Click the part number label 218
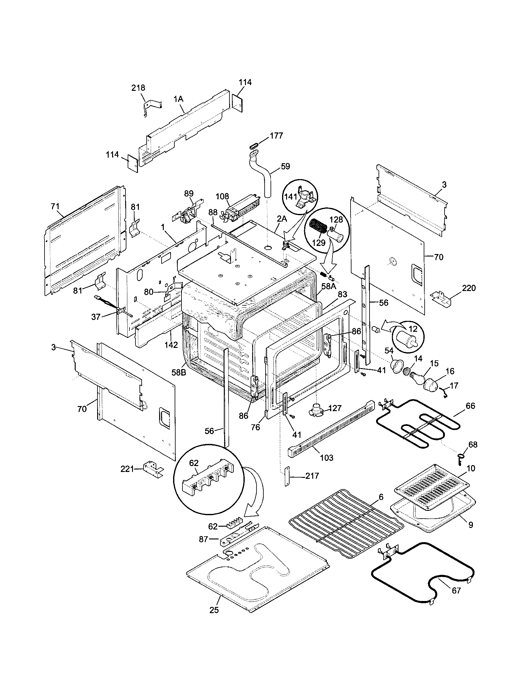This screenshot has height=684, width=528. [x=138, y=88]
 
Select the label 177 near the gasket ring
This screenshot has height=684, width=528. [x=276, y=136]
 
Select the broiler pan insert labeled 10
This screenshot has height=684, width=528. [x=433, y=487]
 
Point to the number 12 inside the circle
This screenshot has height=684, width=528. [x=413, y=329]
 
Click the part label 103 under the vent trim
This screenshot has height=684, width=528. [x=326, y=458]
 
